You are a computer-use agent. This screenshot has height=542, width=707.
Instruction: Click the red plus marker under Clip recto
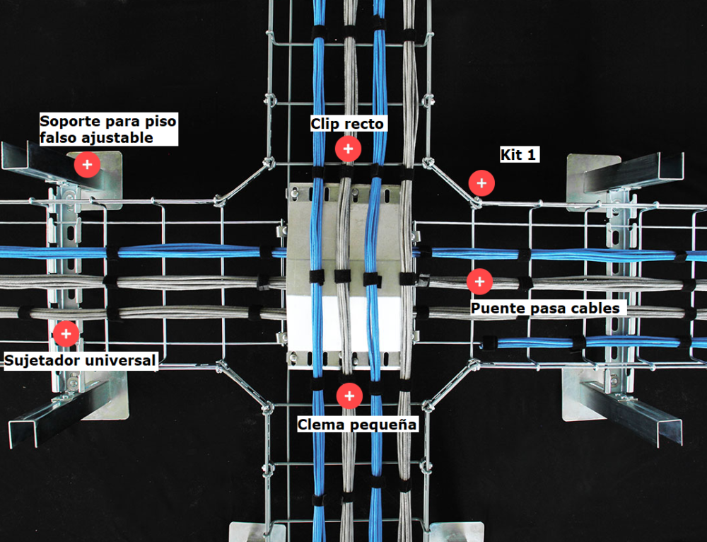click(x=348, y=149)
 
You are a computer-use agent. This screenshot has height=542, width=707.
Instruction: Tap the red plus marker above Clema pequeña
click(x=349, y=396)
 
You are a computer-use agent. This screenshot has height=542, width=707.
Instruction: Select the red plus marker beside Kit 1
click(x=481, y=183)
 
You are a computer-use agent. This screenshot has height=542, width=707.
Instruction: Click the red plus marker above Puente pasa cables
click(x=480, y=282)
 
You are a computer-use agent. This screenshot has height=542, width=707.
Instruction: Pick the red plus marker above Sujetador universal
click(x=66, y=334)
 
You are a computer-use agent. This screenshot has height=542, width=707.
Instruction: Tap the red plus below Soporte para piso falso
click(x=88, y=165)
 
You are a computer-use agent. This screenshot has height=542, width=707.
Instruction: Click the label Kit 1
click(x=518, y=155)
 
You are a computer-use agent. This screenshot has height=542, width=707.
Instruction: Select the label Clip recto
click(x=347, y=123)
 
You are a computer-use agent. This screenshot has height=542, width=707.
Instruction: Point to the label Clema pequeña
click(x=356, y=425)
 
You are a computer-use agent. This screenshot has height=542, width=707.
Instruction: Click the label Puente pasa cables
click(x=545, y=309)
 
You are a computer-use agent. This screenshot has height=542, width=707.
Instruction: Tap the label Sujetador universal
click(x=80, y=361)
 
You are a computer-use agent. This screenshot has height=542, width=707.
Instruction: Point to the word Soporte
click(x=70, y=121)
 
